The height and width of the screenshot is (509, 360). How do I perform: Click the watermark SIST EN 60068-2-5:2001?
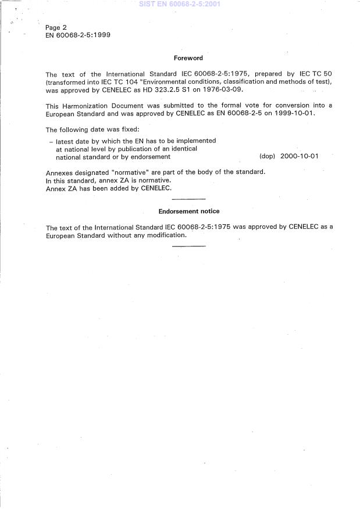point(179,4)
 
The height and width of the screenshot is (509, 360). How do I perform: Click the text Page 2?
point(56,27)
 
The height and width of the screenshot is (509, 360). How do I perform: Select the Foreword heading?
point(188,58)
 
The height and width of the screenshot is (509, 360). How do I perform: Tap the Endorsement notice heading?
point(189,212)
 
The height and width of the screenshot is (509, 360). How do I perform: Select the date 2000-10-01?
point(299,156)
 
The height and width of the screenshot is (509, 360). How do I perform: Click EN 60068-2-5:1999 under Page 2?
point(78,35)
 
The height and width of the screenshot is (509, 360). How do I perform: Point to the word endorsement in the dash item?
point(150,157)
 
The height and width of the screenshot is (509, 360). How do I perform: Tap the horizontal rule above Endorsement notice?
point(189,199)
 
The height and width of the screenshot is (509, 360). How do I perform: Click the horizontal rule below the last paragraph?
point(189,246)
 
